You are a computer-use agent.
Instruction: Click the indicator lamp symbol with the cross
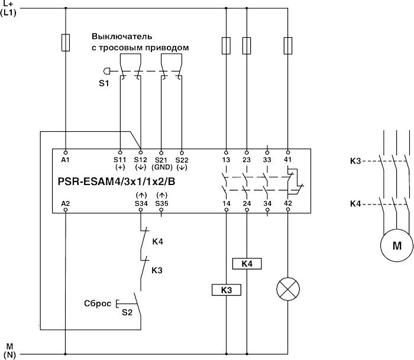click(x=288, y=289)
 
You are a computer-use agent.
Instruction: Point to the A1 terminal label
click(x=65, y=160)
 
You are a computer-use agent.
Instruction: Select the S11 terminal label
click(x=121, y=160)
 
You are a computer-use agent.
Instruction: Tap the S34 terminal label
click(x=141, y=203)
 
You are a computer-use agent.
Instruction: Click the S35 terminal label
click(x=161, y=203)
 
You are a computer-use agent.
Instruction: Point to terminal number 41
click(x=288, y=160)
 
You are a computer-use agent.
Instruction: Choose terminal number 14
click(x=226, y=203)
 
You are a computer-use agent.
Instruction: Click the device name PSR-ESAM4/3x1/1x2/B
click(x=118, y=181)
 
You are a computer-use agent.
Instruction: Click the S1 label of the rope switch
click(x=103, y=83)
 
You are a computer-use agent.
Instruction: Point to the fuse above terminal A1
click(x=65, y=42)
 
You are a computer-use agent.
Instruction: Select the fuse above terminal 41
click(x=288, y=44)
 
